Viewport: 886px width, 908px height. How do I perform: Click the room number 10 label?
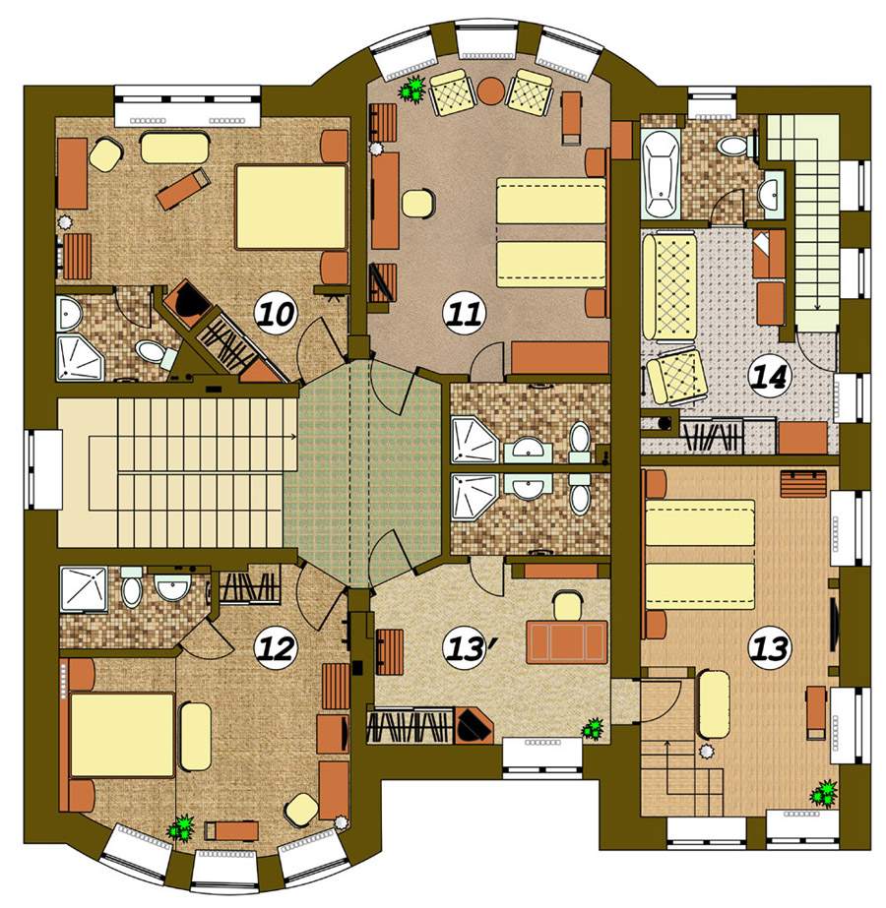[x=276, y=315]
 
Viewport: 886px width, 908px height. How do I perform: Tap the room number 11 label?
[x=463, y=315]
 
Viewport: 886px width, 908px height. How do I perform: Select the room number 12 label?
[x=277, y=648]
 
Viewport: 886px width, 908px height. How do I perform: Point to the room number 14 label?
[x=770, y=377]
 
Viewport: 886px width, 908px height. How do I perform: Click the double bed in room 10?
[x=290, y=208]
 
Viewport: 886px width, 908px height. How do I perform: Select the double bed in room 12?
[x=122, y=735]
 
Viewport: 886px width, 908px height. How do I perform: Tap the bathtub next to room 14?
[x=661, y=173]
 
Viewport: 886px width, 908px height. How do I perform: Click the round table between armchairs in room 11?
[x=491, y=91]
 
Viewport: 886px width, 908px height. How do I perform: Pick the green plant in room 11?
[x=413, y=90]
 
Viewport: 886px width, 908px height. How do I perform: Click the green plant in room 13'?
[x=593, y=729]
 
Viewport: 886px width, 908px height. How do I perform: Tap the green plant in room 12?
[x=181, y=827]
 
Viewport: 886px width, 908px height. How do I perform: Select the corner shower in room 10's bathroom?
[x=80, y=359]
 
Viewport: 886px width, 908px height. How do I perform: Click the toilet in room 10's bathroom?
[x=156, y=353]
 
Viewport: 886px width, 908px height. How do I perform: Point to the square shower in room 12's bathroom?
[x=84, y=589]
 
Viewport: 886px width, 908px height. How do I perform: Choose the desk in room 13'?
[x=567, y=642]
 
